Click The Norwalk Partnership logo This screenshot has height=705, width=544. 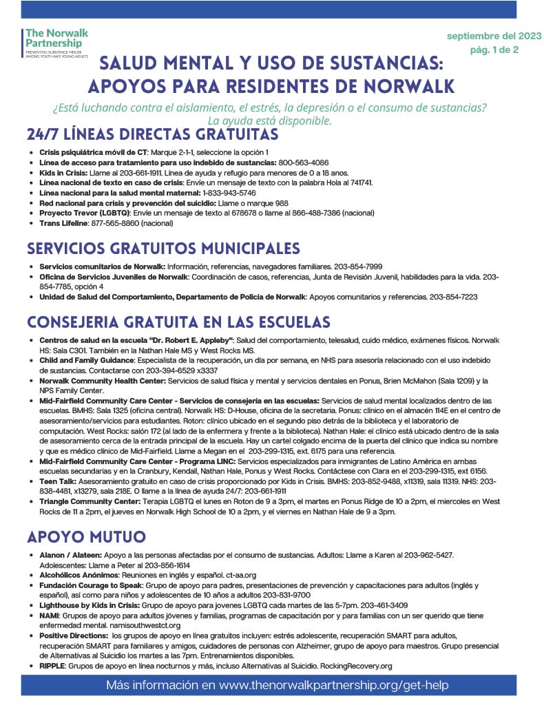[56, 42]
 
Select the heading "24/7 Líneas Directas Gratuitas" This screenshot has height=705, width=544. [152, 134]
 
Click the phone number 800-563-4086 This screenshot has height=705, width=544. [305, 162]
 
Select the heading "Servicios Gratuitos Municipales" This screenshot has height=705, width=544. [163, 248]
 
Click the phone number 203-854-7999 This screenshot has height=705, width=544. [358, 266]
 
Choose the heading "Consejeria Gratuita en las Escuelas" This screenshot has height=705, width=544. [178, 322]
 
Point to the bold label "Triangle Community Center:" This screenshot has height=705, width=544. [83, 501]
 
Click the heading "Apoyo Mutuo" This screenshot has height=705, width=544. [86, 536]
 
